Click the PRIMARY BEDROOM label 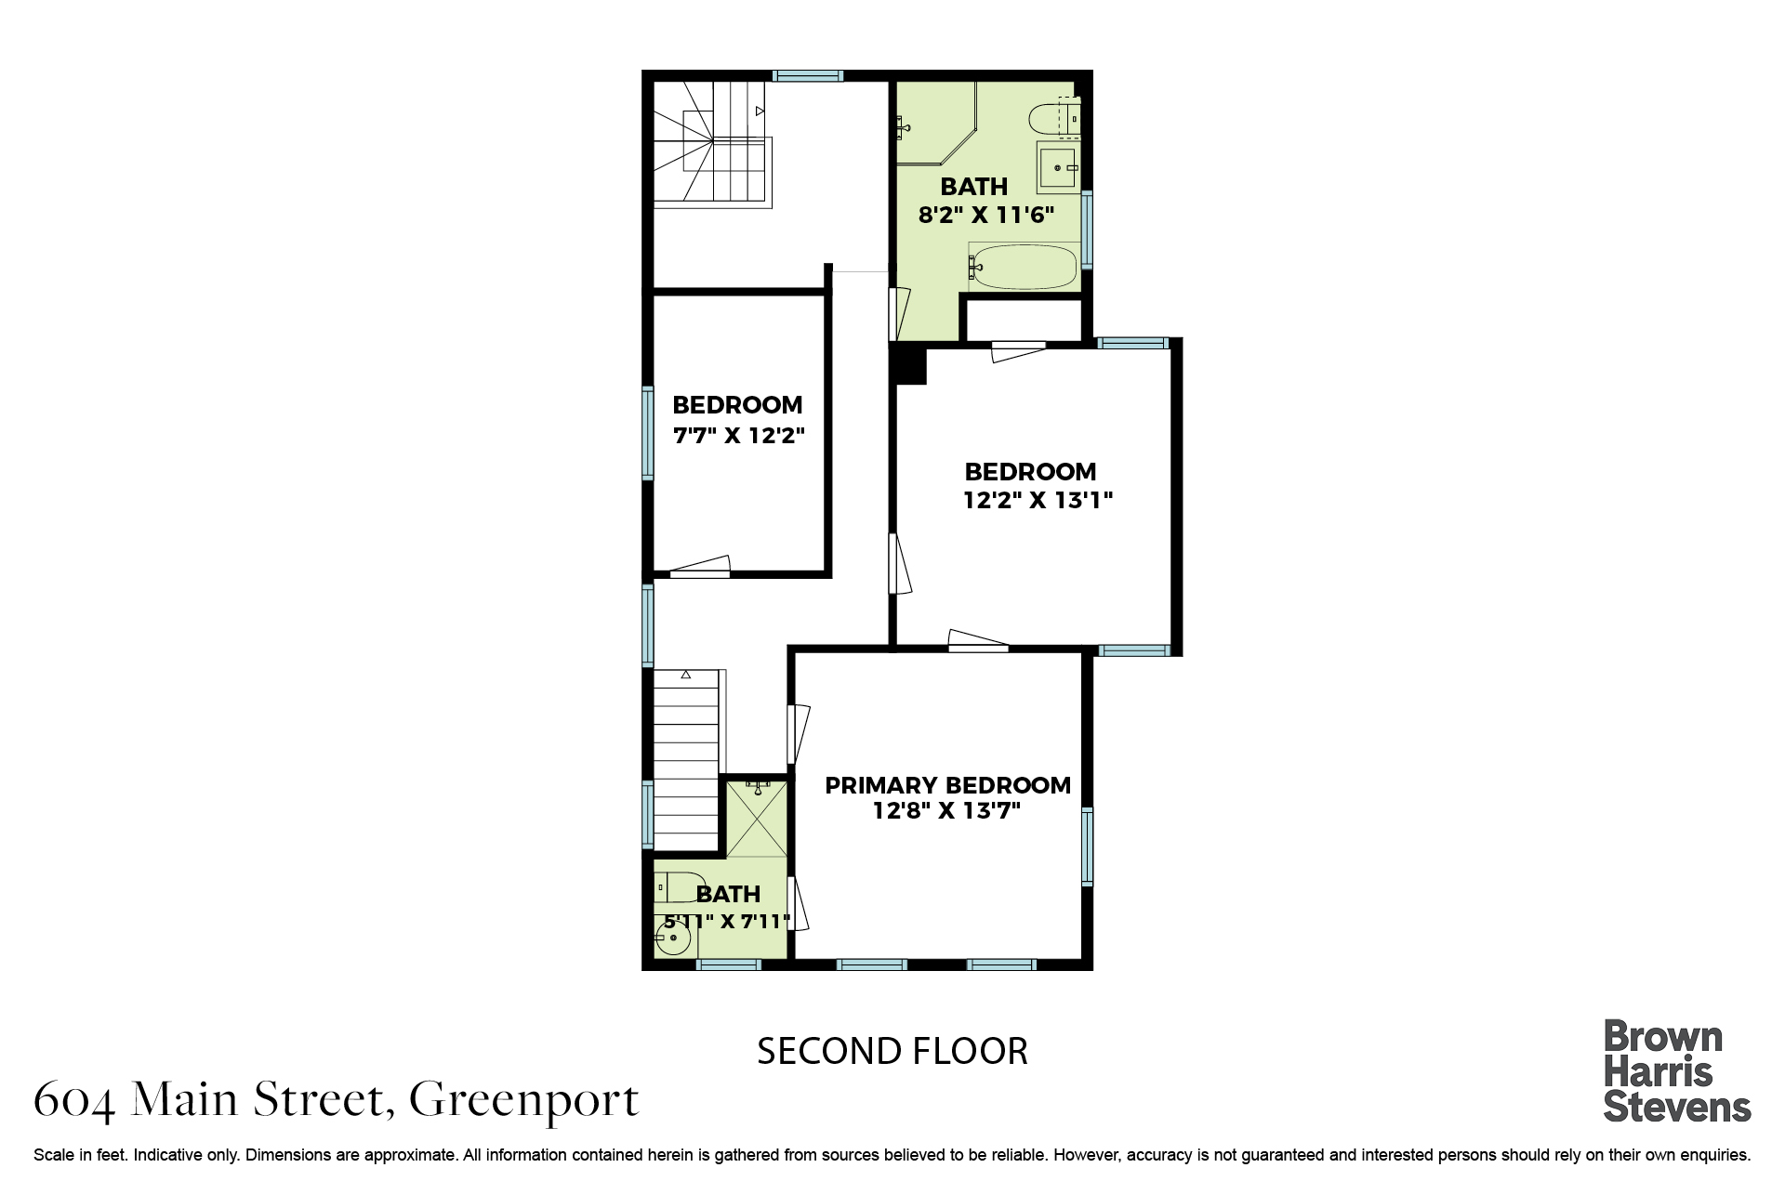tap(947, 785)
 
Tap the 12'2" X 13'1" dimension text tap(1038, 501)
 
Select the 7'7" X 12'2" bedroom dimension tap(738, 435)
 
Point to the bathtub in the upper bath tap(1023, 267)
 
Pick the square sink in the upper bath tap(1058, 167)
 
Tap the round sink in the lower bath tap(672, 939)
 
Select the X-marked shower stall tap(756, 819)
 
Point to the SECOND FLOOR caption tap(892, 1052)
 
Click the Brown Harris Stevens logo tap(1677, 1071)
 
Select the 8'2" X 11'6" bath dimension tap(986, 216)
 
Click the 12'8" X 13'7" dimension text tap(946, 810)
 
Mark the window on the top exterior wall tap(808, 76)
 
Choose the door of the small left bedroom tap(700, 567)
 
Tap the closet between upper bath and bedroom tap(1024, 320)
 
